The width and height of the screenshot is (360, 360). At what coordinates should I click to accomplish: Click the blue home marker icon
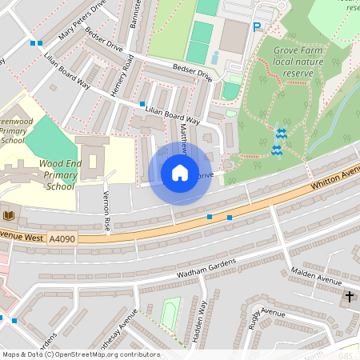179,173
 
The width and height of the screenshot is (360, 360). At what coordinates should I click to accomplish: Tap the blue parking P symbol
257,27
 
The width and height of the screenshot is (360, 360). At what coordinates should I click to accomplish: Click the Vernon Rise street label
104,211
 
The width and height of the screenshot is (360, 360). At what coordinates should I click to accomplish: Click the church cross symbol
349,297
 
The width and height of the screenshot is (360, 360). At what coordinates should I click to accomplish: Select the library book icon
9,216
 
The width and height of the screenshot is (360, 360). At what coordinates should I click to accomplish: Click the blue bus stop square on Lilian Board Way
142,104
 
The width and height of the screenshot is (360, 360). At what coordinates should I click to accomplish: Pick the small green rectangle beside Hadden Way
170,314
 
